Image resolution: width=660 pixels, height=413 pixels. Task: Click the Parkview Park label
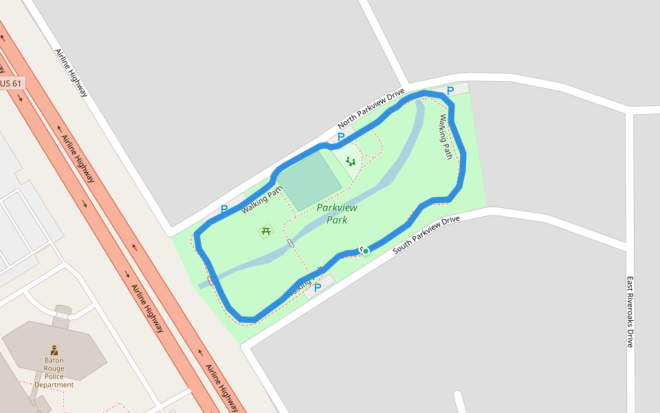[337, 213]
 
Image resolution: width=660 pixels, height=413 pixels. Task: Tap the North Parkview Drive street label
[371, 109]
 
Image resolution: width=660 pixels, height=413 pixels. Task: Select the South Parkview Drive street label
[426, 235]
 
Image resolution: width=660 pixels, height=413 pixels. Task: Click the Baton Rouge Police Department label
[54, 372]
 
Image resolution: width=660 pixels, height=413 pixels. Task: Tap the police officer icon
[54, 351]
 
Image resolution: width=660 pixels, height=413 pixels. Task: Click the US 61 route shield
[12, 83]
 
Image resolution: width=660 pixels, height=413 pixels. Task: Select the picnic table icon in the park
[266, 231]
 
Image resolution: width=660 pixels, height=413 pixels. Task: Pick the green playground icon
[351, 162]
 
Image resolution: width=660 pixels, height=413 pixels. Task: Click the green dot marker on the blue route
[366, 251]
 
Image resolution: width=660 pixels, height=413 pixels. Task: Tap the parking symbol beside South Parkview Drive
[318, 288]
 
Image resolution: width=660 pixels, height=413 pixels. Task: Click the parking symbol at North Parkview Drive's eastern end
[450, 90]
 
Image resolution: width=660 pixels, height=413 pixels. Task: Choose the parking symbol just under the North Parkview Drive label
[340, 137]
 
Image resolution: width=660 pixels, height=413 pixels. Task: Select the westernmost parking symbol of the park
[224, 209]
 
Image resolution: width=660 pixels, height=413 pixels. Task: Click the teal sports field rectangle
[311, 180]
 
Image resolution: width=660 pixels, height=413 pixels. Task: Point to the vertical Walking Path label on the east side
[446, 137]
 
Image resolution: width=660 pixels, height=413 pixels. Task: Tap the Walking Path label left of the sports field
[262, 200]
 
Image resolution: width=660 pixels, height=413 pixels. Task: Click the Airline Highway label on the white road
[71, 72]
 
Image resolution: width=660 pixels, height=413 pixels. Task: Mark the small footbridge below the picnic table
[291, 243]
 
